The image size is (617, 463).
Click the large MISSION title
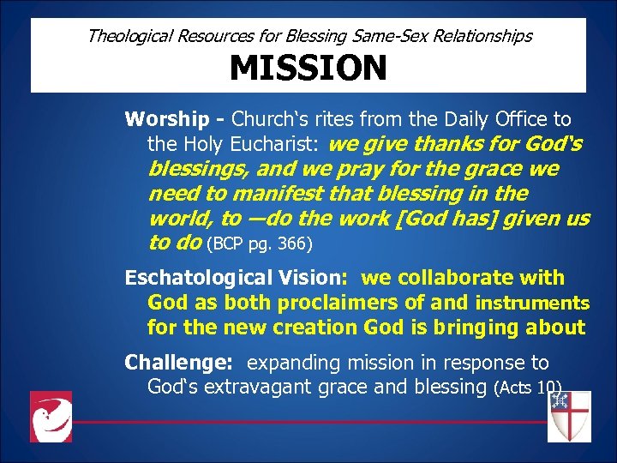point(308,68)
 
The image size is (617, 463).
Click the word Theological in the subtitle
point(129,36)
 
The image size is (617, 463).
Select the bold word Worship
point(166,118)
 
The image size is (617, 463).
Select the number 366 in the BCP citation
point(293,245)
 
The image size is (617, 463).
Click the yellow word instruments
point(532,303)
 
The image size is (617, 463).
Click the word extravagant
point(267,387)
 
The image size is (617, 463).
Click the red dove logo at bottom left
point(51,417)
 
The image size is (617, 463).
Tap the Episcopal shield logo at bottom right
point(569,416)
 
